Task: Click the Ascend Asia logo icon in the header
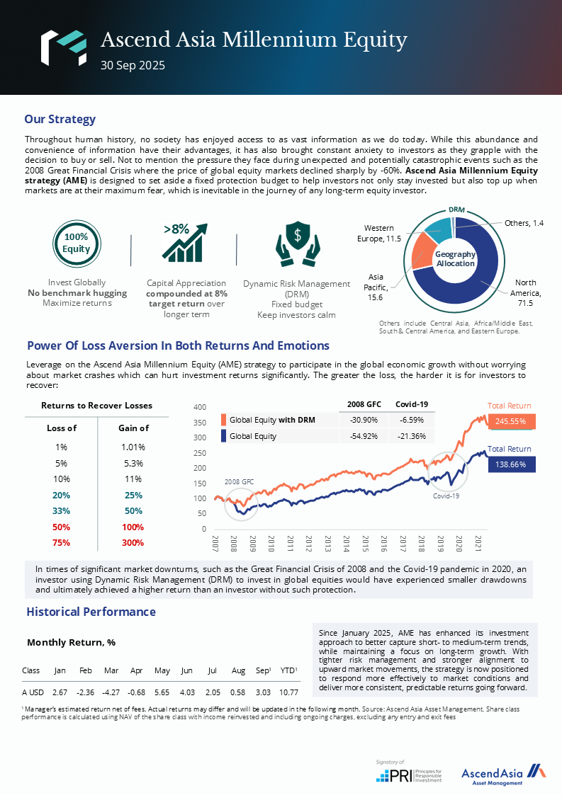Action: [x=63, y=47]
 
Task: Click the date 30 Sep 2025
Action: [x=133, y=66]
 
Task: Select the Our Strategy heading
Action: [x=60, y=119]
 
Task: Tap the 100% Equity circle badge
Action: [x=77, y=244]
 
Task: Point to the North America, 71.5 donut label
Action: [x=525, y=293]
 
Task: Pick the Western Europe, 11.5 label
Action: [x=383, y=234]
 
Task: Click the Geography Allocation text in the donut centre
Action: [x=455, y=258]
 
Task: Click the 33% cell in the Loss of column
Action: [x=62, y=511]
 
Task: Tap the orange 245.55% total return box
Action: [x=510, y=421]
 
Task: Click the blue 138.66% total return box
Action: [x=510, y=464]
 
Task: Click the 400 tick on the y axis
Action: [x=199, y=408]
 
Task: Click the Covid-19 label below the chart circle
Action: [x=446, y=496]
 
